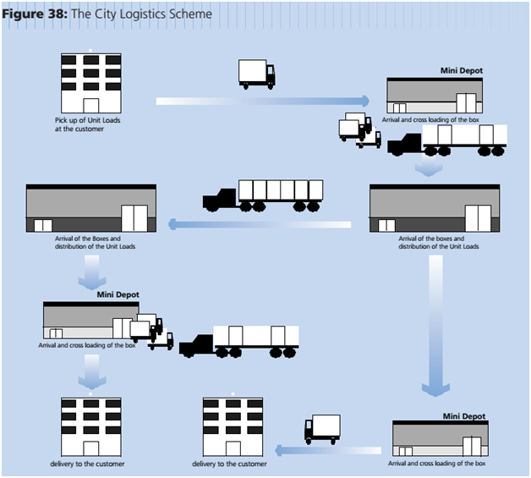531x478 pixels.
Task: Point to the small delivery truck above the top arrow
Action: (256, 74)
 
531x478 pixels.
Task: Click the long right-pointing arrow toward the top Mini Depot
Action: (263, 101)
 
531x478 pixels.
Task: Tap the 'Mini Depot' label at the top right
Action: (461, 72)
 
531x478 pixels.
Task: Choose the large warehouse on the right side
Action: (430, 208)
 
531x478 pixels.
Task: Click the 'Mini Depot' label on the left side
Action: (118, 294)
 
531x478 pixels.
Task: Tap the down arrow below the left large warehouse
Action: (90, 271)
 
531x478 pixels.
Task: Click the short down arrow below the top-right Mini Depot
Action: (429, 168)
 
